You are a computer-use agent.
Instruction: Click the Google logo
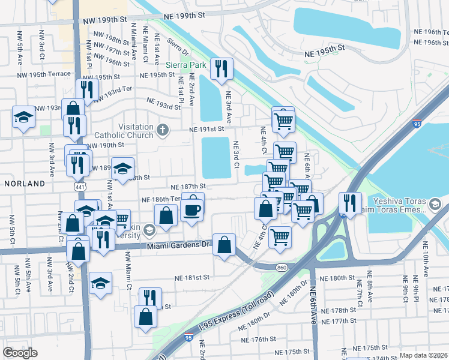(x=20, y=353)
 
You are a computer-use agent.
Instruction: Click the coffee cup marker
(x=193, y=209)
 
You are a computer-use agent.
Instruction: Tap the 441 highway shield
(x=80, y=188)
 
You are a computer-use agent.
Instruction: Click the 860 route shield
(x=280, y=266)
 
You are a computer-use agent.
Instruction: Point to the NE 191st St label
(x=206, y=129)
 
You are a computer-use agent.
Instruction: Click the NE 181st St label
(x=192, y=278)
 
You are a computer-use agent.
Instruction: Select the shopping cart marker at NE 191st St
(x=283, y=120)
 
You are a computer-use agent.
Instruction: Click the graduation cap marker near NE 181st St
(x=100, y=283)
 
